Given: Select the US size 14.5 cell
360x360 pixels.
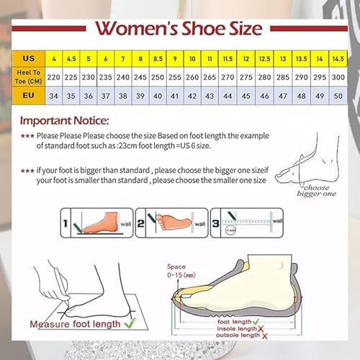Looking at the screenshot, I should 338,58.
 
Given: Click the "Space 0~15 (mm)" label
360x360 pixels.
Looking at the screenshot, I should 181,269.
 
